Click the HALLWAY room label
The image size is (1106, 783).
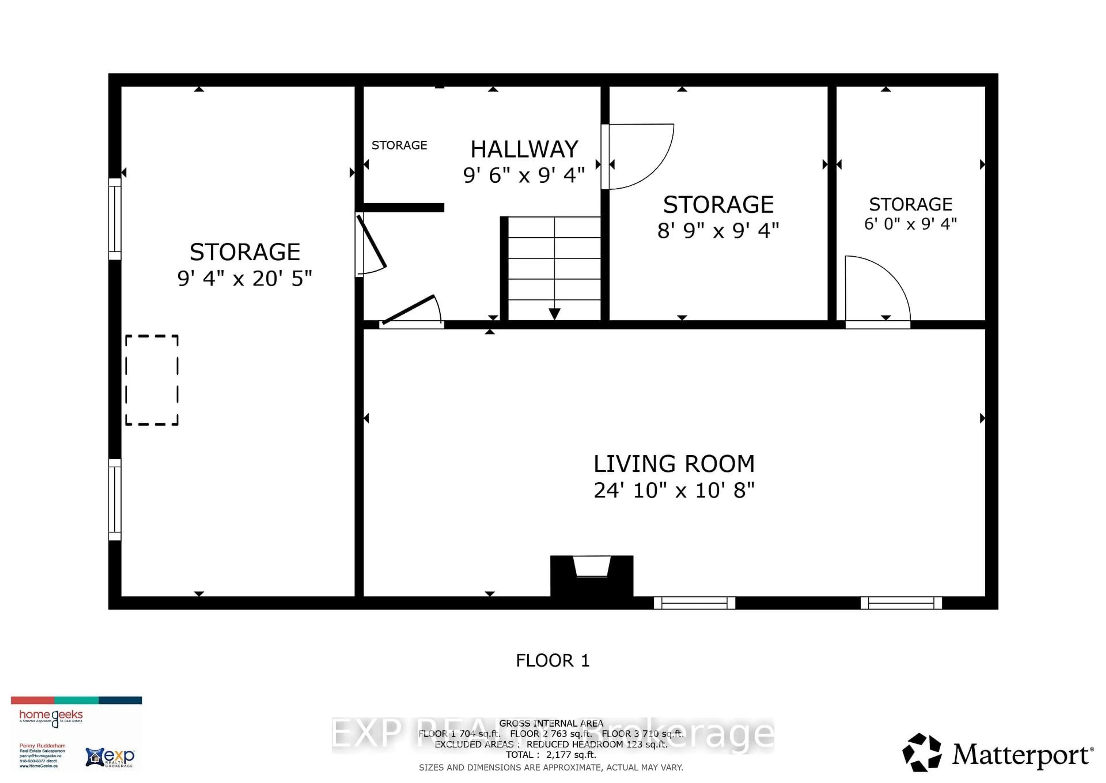[524, 149]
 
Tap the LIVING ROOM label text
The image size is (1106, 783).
[674, 464]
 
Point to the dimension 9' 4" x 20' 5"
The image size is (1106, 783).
[245, 279]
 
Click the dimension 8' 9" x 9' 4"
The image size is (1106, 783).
[718, 231]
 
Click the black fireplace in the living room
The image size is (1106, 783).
[592, 577]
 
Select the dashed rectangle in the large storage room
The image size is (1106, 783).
[152, 380]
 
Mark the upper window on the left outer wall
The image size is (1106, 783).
[115, 219]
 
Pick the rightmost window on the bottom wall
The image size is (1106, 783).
[901, 603]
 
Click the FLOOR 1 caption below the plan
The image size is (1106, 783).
[552, 660]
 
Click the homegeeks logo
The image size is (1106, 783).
[51, 716]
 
